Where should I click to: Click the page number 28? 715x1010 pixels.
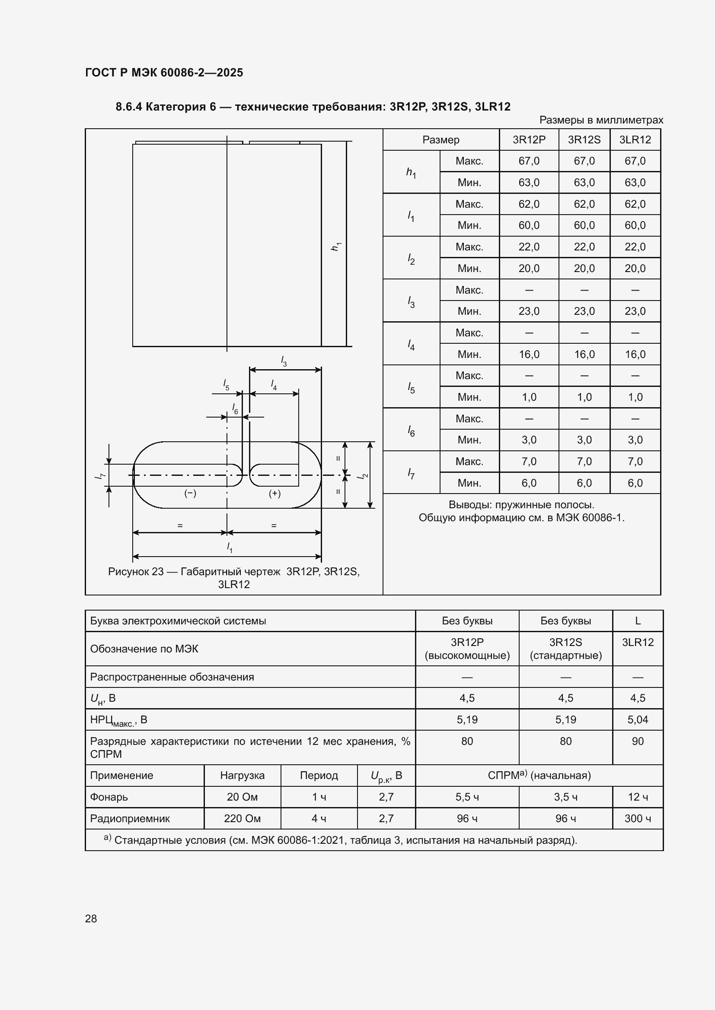(91, 918)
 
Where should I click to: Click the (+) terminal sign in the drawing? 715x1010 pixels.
(275, 494)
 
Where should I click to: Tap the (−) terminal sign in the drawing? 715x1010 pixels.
(190, 494)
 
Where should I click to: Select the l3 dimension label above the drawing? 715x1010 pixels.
(284, 361)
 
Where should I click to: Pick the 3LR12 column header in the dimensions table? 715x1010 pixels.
(635, 139)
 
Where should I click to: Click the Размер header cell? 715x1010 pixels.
(440, 139)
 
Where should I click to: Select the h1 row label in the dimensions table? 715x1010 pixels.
(411, 172)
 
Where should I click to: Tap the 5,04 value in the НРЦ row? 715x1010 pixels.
(638, 720)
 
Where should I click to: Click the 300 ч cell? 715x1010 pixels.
(638, 818)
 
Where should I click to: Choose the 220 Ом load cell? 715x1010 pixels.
(242, 818)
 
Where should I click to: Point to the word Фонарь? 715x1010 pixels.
(109, 797)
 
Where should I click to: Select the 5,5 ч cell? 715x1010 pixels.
(467, 797)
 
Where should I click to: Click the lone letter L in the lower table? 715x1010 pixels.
(638, 621)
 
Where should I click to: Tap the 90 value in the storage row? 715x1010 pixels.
(638, 741)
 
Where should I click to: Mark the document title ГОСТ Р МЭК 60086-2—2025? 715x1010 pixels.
(164, 73)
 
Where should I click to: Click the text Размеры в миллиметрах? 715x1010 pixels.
(601, 120)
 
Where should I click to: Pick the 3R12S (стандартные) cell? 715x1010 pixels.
(566, 649)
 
